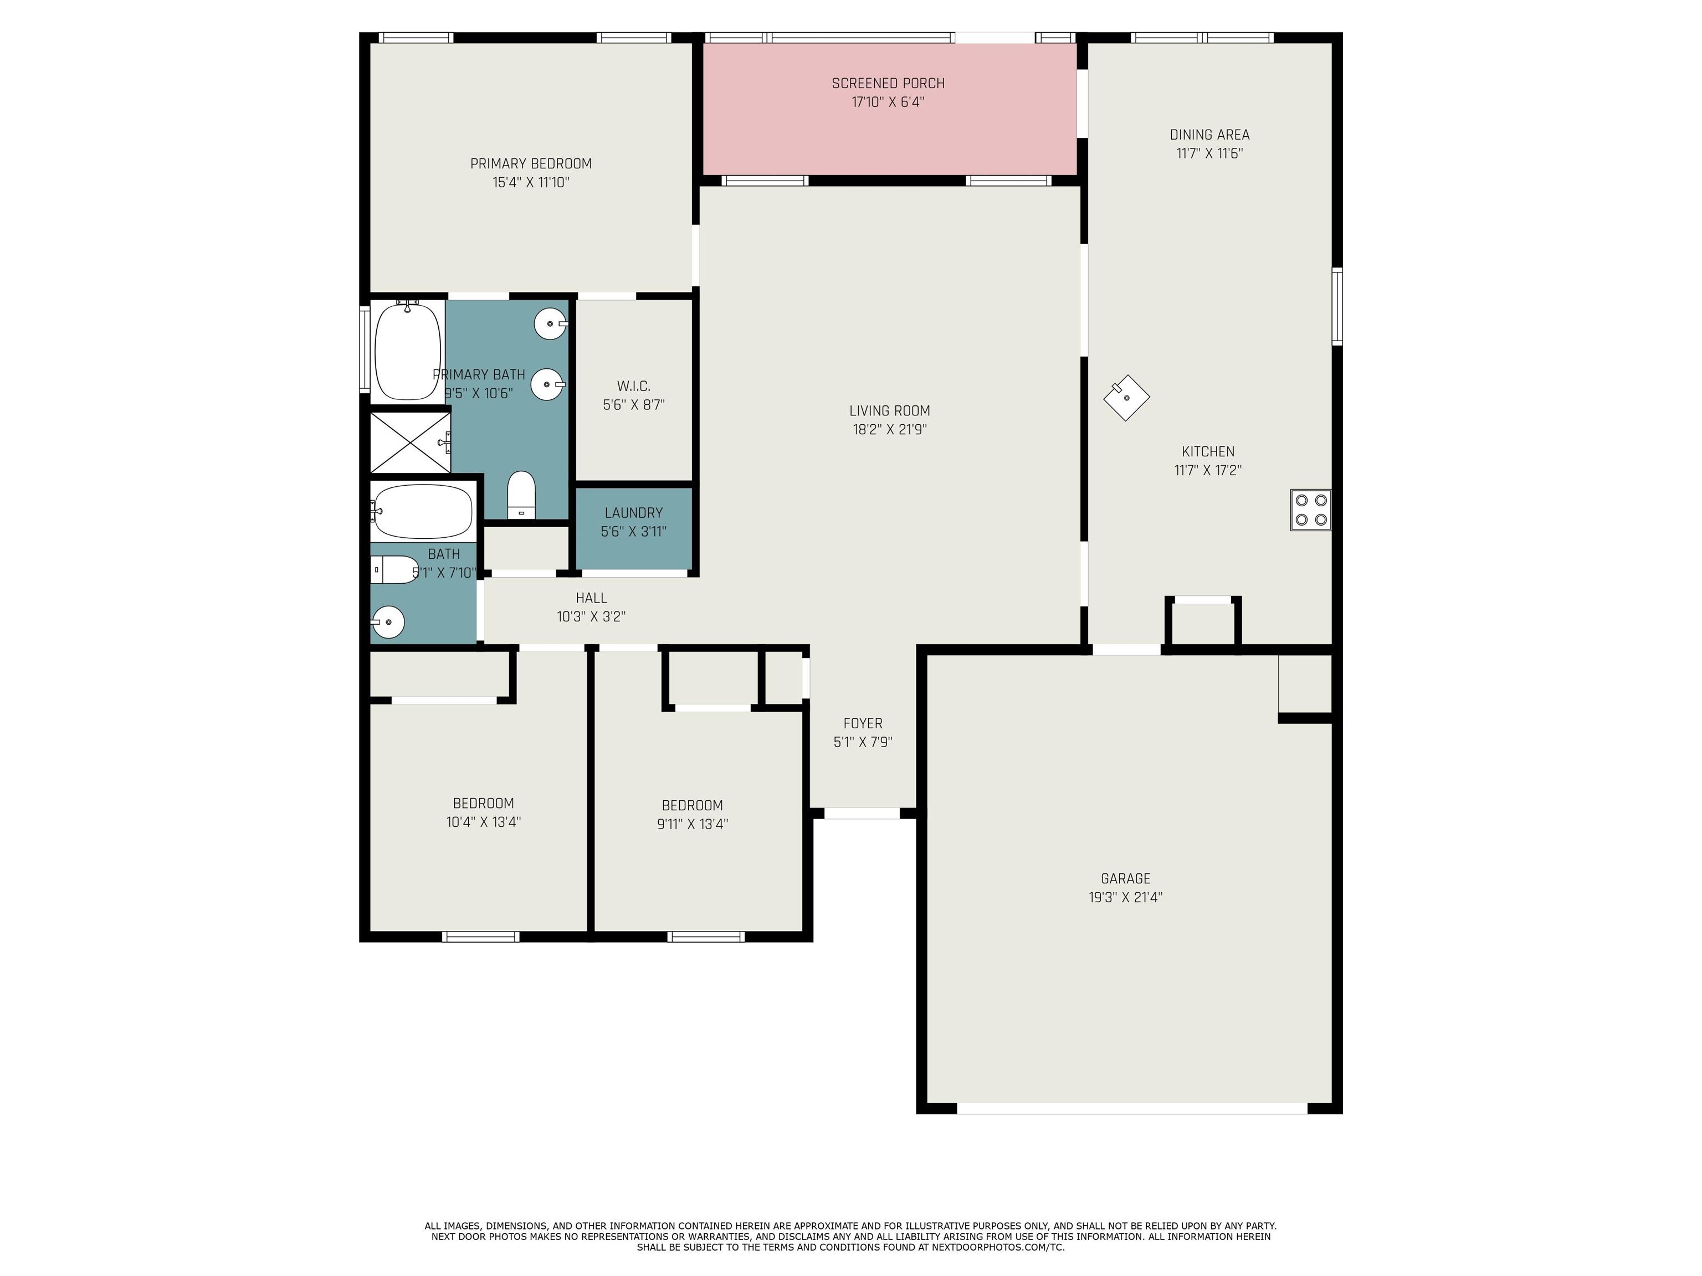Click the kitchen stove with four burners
(1310, 510)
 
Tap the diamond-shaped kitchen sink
(1126, 398)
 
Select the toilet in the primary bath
(521, 495)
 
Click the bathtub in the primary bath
(408, 350)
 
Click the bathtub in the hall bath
(422, 512)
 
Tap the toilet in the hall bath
(394, 570)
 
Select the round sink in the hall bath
(388, 621)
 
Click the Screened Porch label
(888, 83)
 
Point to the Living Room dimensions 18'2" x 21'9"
(889, 429)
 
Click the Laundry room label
(633, 512)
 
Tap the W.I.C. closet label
(633, 385)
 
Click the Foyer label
(863, 723)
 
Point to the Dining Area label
(1209, 135)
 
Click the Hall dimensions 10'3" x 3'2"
(591, 616)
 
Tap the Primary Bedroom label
(531, 163)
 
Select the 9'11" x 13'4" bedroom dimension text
(692, 824)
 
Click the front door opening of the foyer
(862, 813)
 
